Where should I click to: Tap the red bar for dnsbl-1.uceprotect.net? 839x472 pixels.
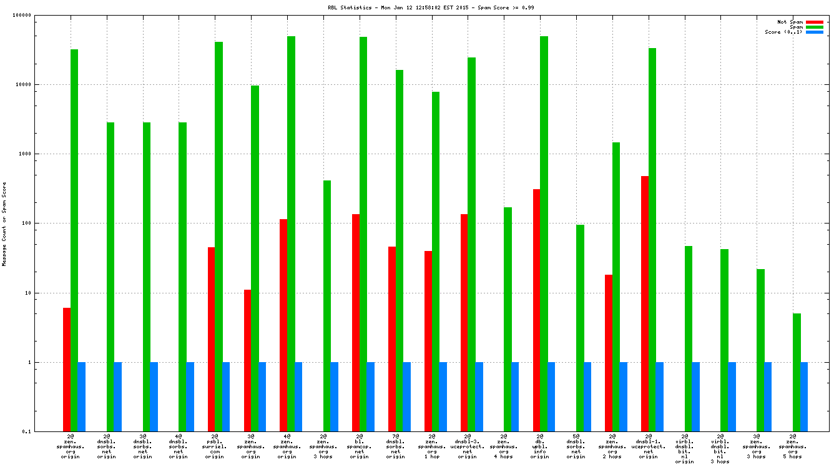click(x=645, y=303)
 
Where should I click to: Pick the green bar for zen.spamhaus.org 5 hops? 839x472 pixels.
click(x=797, y=372)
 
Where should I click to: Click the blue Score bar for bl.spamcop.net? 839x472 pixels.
click(x=371, y=396)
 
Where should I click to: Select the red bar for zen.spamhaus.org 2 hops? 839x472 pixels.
click(x=609, y=353)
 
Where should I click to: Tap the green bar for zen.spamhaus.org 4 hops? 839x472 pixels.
click(x=508, y=319)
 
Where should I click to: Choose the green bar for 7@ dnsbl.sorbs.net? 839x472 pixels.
click(x=400, y=250)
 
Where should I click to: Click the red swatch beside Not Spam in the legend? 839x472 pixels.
click(x=815, y=22)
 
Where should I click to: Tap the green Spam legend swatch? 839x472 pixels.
click(x=815, y=27)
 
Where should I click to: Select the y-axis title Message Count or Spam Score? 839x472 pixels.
click(x=4, y=224)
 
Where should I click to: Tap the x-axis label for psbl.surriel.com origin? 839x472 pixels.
click(x=215, y=446)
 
